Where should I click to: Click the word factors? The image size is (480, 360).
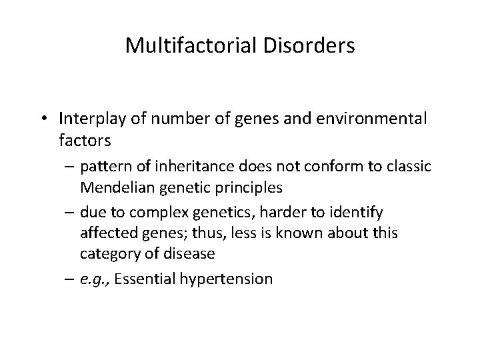point(85,141)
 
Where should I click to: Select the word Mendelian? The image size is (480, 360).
point(117,188)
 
